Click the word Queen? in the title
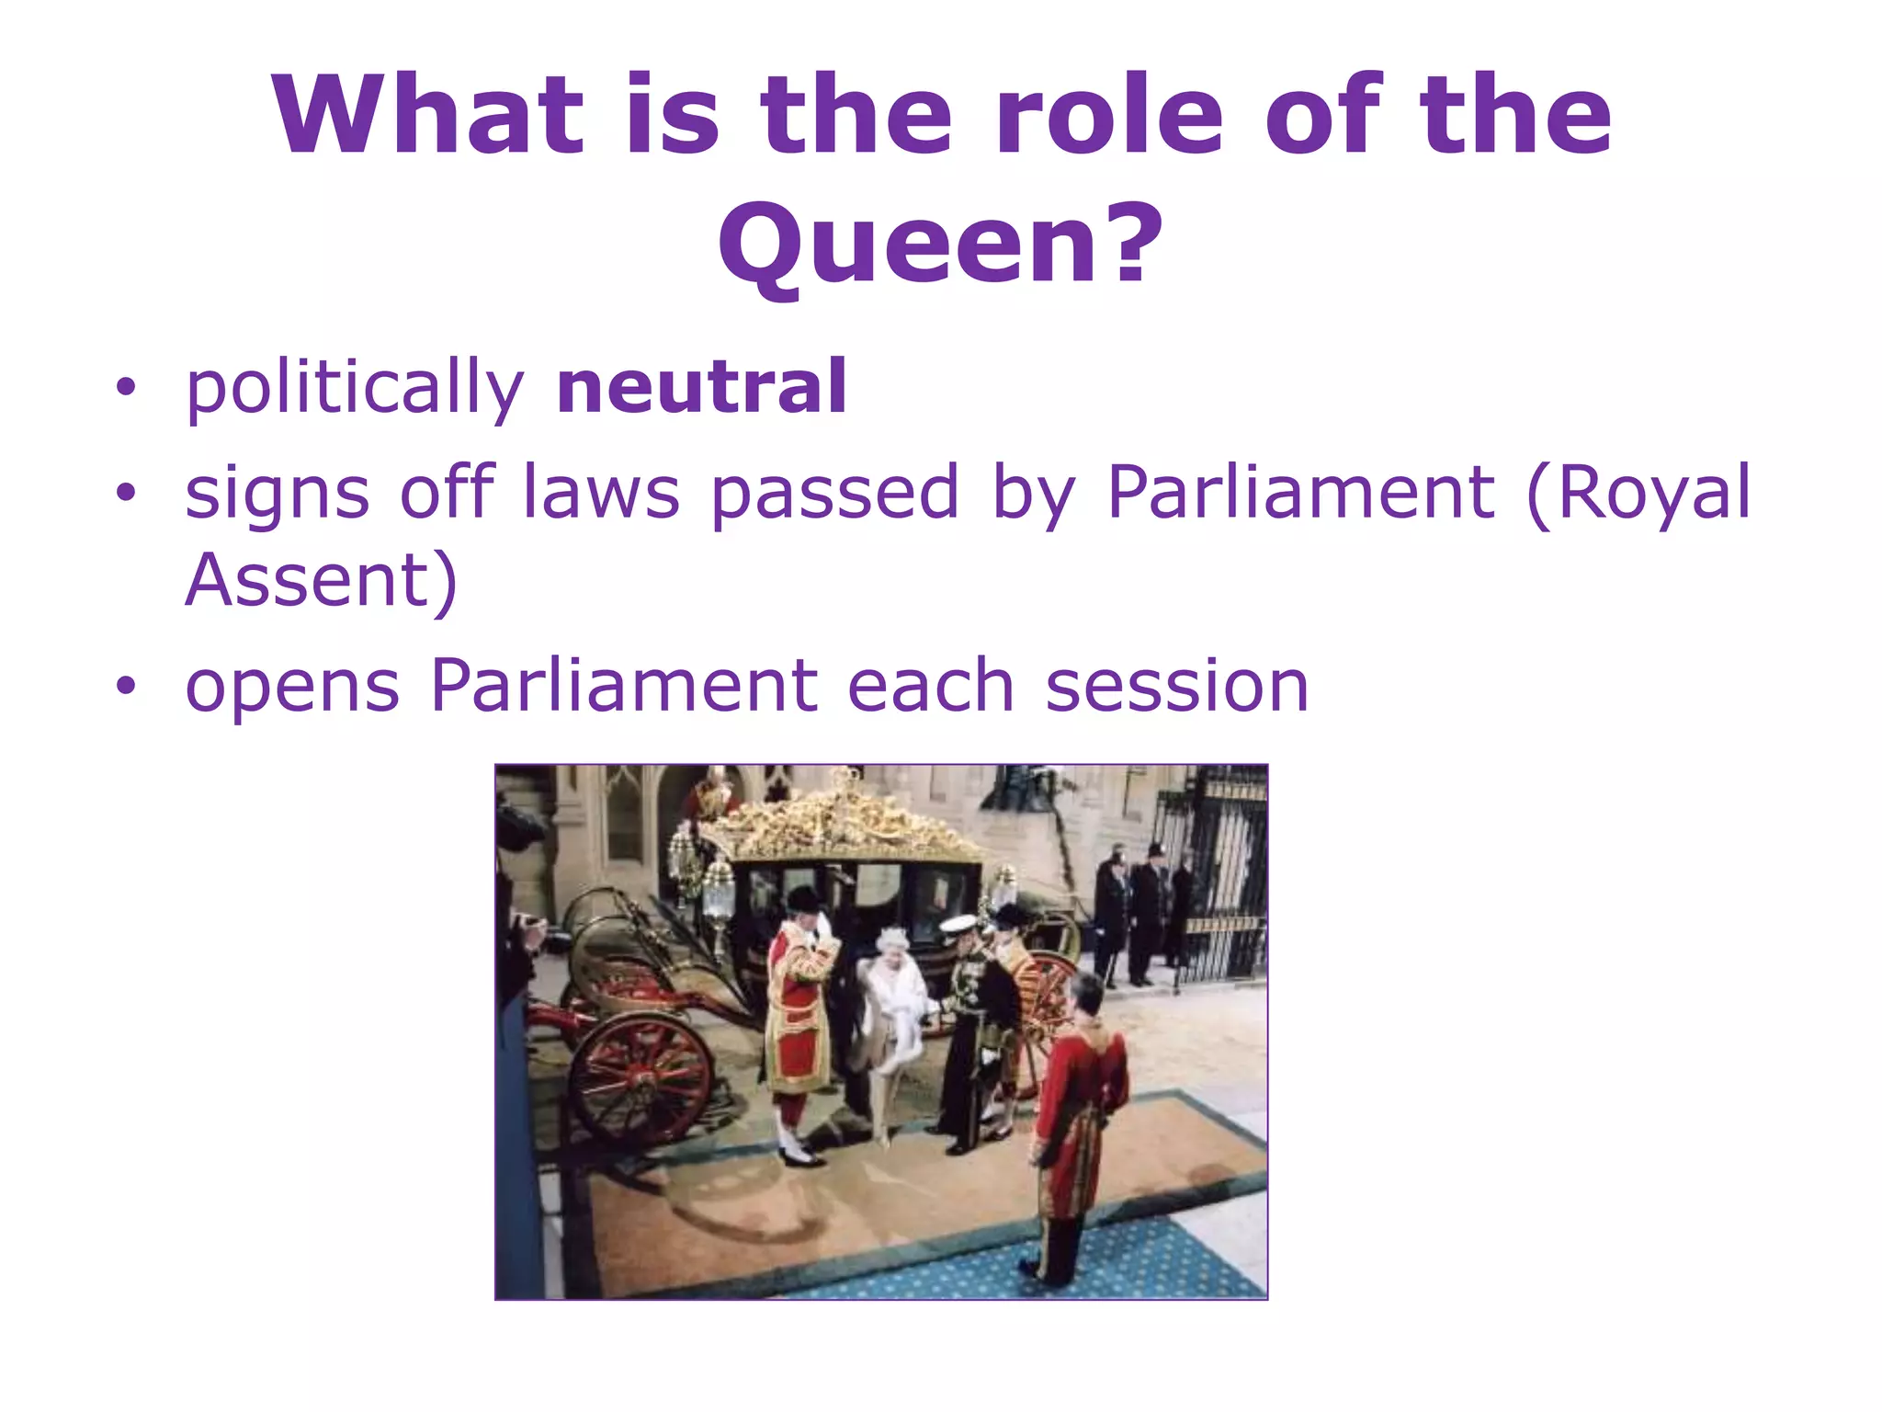click(940, 244)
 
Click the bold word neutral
click(701, 387)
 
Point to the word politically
click(355, 389)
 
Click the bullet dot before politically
click(125, 388)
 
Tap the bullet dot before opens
click(125, 685)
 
